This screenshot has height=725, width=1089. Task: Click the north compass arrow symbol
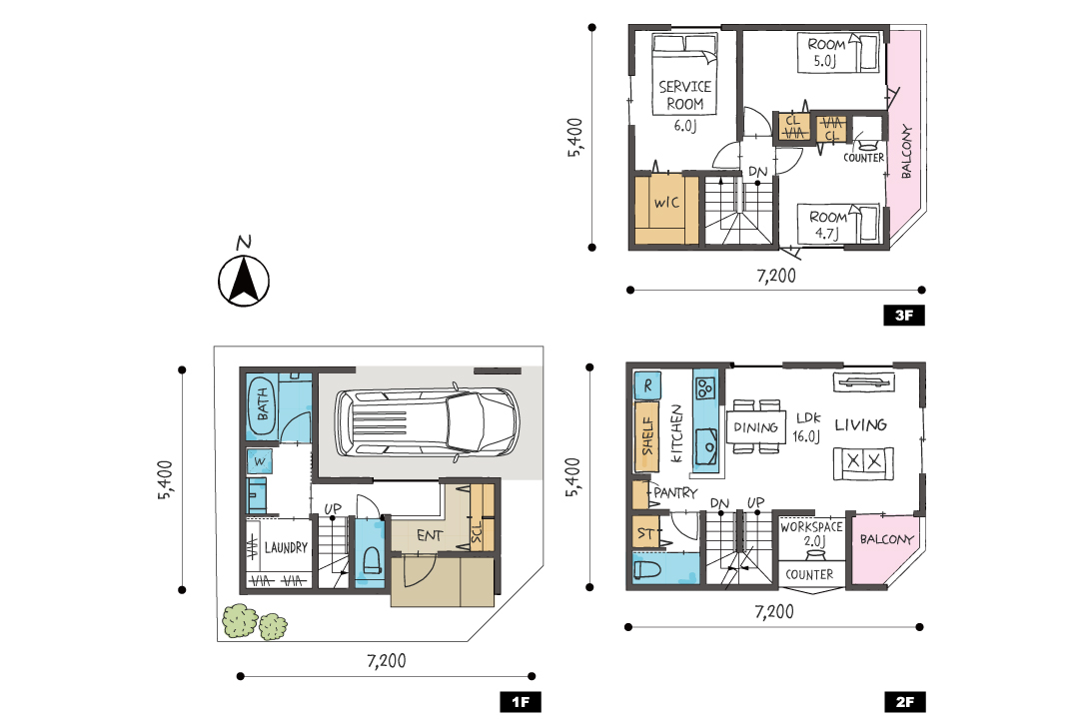point(244,281)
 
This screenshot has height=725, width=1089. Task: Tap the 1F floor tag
point(521,702)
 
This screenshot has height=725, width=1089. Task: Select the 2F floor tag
point(904,702)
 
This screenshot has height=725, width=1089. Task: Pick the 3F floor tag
point(903,316)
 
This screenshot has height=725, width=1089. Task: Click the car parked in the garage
point(428,423)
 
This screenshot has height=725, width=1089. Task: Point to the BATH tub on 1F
point(262,406)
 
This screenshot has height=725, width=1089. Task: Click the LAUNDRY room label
point(286,547)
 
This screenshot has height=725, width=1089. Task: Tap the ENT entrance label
point(430,535)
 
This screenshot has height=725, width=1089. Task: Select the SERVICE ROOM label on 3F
point(684,95)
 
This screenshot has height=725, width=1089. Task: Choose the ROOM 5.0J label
point(826,52)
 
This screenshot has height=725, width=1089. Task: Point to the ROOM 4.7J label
point(828,225)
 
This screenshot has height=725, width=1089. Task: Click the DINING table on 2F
point(755,427)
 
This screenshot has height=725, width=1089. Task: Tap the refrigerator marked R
point(647,385)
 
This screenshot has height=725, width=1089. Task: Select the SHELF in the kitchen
point(647,436)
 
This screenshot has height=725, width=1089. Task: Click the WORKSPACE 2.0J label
point(811,533)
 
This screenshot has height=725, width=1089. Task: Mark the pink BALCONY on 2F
point(885,548)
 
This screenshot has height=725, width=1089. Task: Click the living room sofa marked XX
point(863,463)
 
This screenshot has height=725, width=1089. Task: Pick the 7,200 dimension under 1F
point(387,660)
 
